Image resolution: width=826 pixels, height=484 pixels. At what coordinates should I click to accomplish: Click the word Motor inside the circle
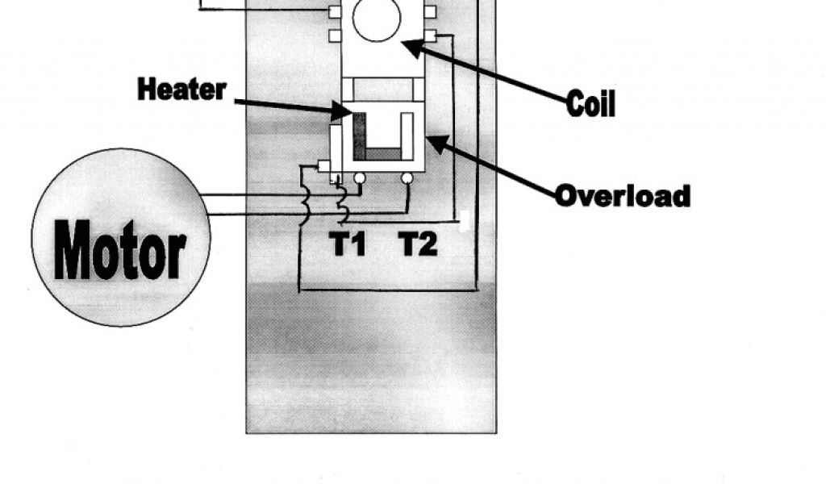(x=120, y=250)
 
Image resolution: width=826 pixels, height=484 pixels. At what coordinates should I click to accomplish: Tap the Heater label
(x=181, y=90)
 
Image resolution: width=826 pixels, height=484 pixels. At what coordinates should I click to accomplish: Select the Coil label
(x=590, y=103)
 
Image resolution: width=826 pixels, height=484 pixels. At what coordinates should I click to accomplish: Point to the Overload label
(x=623, y=196)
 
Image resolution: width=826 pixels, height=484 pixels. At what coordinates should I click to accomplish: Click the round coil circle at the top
(x=376, y=19)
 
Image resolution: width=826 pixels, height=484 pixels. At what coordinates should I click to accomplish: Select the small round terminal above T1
(x=360, y=177)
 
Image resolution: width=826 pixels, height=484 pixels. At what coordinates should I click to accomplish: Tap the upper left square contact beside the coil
(x=334, y=11)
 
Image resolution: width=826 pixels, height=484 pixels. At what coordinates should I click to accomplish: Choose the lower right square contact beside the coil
(x=430, y=35)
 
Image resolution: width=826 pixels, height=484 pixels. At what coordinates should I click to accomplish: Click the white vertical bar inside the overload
(x=407, y=136)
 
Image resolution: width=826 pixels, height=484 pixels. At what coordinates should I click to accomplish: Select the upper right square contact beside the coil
(x=430, y=11)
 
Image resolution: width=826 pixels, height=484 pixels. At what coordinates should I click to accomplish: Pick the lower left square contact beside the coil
(x=334, y=35)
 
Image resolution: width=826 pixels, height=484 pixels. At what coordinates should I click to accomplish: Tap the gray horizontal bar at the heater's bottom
(x=384, y=153)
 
